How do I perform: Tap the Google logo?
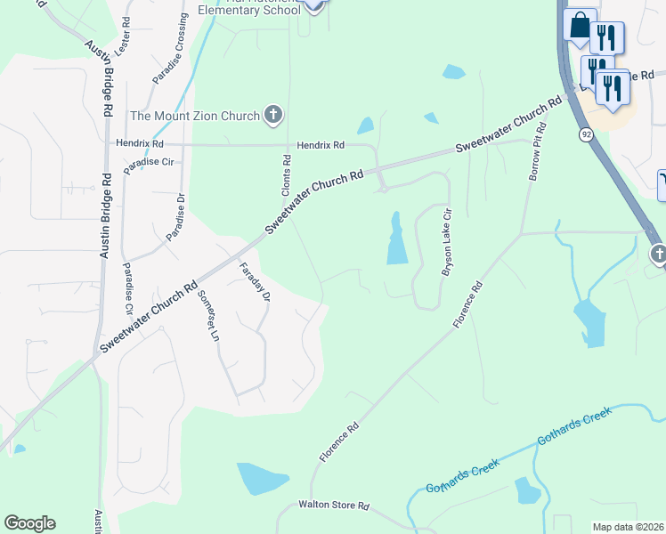click(x=28, y=523)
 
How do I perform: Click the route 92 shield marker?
click(x=585, y=134)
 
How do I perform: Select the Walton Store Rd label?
click(x=333, y=506)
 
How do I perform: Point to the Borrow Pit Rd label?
click(x=537, y=152)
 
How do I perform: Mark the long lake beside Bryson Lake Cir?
click(x=396, y=239)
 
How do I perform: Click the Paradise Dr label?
click(x=175, y=216)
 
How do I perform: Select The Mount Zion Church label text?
click(x=195, y=116)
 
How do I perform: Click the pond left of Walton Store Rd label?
click(x=263, y=478)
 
